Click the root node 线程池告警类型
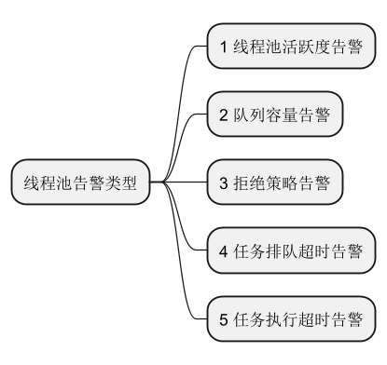click(x=79, y=182)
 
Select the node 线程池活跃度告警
click(x=291, y=47)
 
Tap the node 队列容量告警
click(x=275, y=115)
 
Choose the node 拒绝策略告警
click(x=275, y=182)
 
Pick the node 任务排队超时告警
click(x=291, y=250)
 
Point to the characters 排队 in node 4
click(x=285, y=250)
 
